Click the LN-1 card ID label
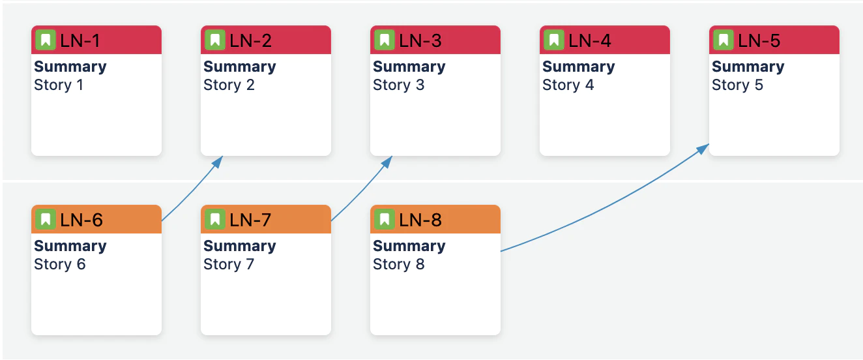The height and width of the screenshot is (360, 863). point(80,40)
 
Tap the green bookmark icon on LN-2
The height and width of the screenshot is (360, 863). point(215,40)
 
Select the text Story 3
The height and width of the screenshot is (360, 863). point(398,85)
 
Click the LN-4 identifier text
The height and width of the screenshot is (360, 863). point(589,40)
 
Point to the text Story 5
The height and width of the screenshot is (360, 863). point(737,85)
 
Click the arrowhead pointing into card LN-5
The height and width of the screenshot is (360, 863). point(703,149)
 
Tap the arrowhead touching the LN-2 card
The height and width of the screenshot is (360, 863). point(218,162)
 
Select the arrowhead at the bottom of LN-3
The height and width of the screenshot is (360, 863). point(387,162)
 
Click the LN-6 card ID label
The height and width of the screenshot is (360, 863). point(81,220)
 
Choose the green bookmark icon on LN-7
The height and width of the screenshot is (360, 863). point(215,219)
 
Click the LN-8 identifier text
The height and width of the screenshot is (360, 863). point(420,220)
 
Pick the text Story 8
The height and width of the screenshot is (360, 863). point(398,264)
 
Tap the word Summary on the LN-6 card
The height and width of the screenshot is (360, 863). point(70,246)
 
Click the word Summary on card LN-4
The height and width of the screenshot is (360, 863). point(579,67)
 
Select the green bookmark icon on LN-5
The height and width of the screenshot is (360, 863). point(724,40)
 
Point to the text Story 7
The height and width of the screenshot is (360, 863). point(229,264)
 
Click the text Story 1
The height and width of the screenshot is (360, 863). point(59,85)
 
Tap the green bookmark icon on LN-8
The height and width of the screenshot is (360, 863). point(385,219)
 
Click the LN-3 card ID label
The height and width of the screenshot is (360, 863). point(420,40)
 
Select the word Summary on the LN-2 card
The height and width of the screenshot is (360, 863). point(240,67)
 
